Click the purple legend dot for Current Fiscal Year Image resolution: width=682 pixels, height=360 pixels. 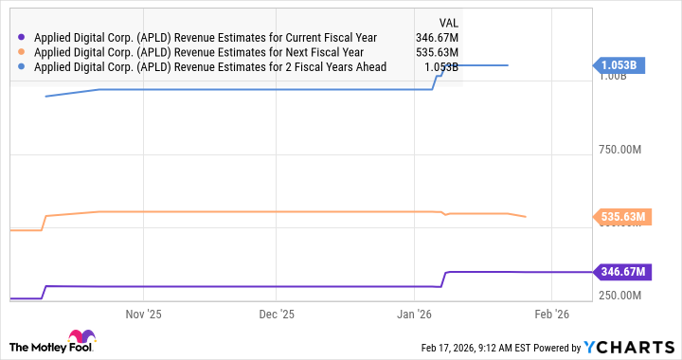coord(22,38)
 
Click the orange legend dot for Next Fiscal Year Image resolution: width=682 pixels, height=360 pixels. coord(22,53)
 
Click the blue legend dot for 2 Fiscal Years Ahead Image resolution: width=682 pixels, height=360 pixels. coord(22,67)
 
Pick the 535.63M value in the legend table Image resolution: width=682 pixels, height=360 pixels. coord(437,53)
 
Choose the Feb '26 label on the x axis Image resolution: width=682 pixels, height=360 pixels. coord(552,314)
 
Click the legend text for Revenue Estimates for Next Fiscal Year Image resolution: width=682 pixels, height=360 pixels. coord(205,53)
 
